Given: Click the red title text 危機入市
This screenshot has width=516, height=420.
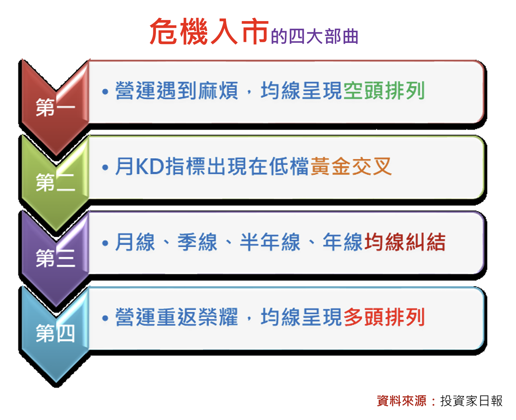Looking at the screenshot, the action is (209, 31).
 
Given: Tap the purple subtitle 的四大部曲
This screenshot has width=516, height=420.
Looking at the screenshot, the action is (314, 36).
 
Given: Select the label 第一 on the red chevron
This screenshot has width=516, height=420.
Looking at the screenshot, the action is (55, 107).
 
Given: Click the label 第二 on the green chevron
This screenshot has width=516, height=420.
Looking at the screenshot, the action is (55, 182).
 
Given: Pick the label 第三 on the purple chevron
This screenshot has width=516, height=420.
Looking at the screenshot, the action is (55, 258).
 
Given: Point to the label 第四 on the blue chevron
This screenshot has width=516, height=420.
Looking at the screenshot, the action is (55, 333).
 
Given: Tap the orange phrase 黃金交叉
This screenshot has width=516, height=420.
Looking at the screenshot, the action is (351, 166).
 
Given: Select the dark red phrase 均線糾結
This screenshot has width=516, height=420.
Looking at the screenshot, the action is (405, 242).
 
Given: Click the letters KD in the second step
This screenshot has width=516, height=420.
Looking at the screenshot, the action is (150, 166).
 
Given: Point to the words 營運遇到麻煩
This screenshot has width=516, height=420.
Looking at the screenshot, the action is (177, 91).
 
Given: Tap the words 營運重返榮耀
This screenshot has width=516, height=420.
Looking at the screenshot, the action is (177, 317).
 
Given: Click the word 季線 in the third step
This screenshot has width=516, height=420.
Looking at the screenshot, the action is (197, 242).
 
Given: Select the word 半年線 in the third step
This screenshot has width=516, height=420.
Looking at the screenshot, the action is (270, 242).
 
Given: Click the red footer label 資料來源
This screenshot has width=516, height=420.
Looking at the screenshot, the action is (402, 401).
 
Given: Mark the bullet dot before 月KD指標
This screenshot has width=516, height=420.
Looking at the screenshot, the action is (105, 167).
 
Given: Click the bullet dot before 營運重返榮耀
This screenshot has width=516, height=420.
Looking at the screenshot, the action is (105, 318).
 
